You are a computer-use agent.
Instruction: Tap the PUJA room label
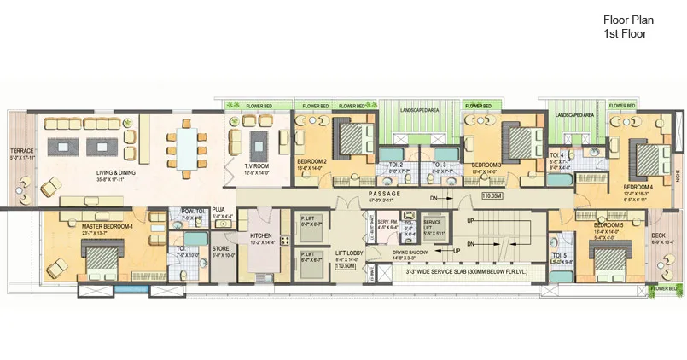(218, 209)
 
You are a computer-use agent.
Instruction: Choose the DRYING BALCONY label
(410, 253)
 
